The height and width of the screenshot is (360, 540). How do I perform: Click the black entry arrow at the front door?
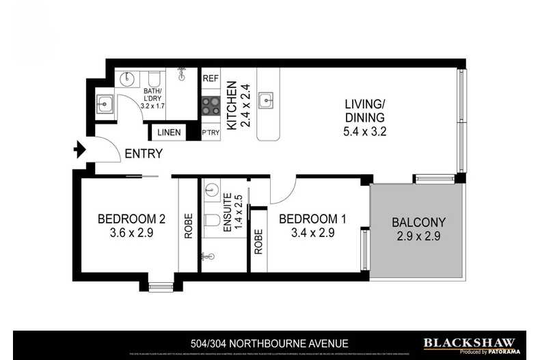coord(79,148)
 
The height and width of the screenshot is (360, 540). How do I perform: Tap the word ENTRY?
coord(144,154)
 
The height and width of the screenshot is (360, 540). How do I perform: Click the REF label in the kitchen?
coord(211,79)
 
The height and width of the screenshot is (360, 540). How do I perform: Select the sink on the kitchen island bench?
coord(269,100)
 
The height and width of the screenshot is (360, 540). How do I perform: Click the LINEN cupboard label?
coord(169,133)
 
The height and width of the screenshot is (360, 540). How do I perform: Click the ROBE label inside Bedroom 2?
coord(189,226)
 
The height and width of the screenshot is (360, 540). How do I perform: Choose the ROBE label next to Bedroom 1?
coord(258,240)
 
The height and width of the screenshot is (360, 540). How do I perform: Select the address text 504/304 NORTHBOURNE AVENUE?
coord(270,344)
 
